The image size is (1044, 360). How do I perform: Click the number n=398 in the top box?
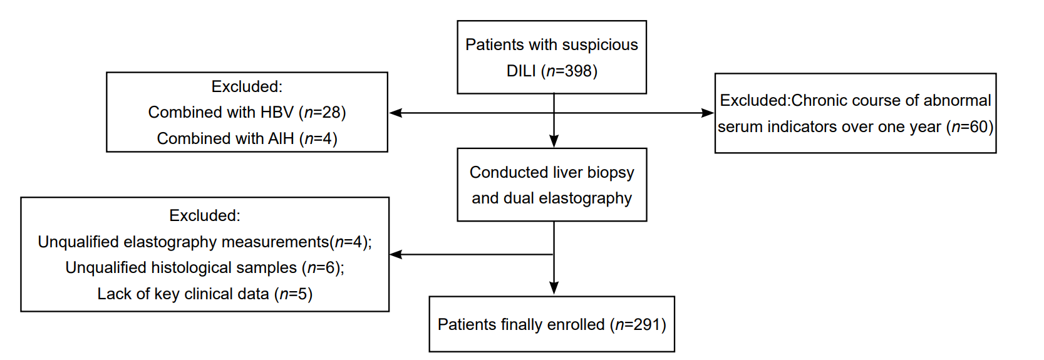569,71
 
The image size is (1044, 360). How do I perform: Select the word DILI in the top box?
521,71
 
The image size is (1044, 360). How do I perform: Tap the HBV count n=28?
323,113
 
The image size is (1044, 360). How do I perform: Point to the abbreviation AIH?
281,139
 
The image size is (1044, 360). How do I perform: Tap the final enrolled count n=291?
638,324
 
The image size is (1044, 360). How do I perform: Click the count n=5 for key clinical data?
293,294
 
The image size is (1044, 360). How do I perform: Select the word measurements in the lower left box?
274,242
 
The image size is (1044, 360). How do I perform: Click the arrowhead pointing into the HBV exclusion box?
395,113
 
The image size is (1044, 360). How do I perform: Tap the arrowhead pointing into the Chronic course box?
708,113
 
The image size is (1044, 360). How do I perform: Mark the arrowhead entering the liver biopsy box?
554,141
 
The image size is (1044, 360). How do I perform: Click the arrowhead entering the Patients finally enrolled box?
554,289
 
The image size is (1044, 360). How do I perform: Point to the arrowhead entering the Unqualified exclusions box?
396,254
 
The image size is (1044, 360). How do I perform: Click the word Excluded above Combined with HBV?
247,87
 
